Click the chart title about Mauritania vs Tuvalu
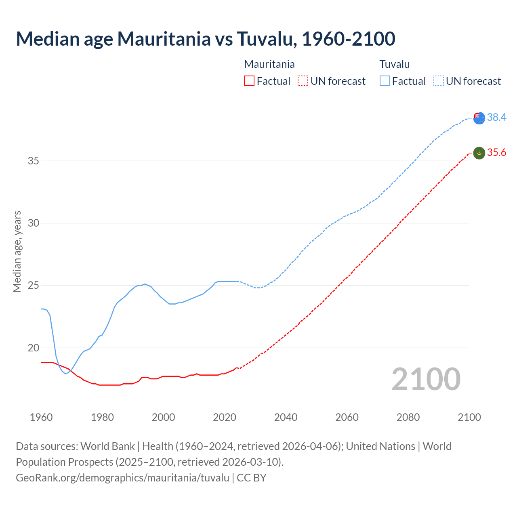[x=205, y=39]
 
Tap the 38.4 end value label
[x=496, y=117]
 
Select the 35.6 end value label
[x=496, y=152]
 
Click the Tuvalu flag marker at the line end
[x=479, y=118]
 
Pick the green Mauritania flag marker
[x=479, y=153]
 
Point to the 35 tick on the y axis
[x=33, y=161]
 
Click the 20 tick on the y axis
[x=33, y=348]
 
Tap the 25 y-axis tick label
[x=33, y=286]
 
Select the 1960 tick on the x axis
[x=41, y=417]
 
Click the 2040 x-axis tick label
[x=286, y=417]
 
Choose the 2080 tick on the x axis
[x=408, y=417]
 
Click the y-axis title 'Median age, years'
[x=17, y=251]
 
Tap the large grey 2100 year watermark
[x=426, y=379]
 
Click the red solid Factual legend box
[x=249, y=81]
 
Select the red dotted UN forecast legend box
[x=303, y=81]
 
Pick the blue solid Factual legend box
[x=385, y=81]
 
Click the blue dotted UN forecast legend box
[x=439, y=81]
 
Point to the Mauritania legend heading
[x=269, y=64]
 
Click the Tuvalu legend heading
[x=395, y=64]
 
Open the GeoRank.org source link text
[x=122, y=478]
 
